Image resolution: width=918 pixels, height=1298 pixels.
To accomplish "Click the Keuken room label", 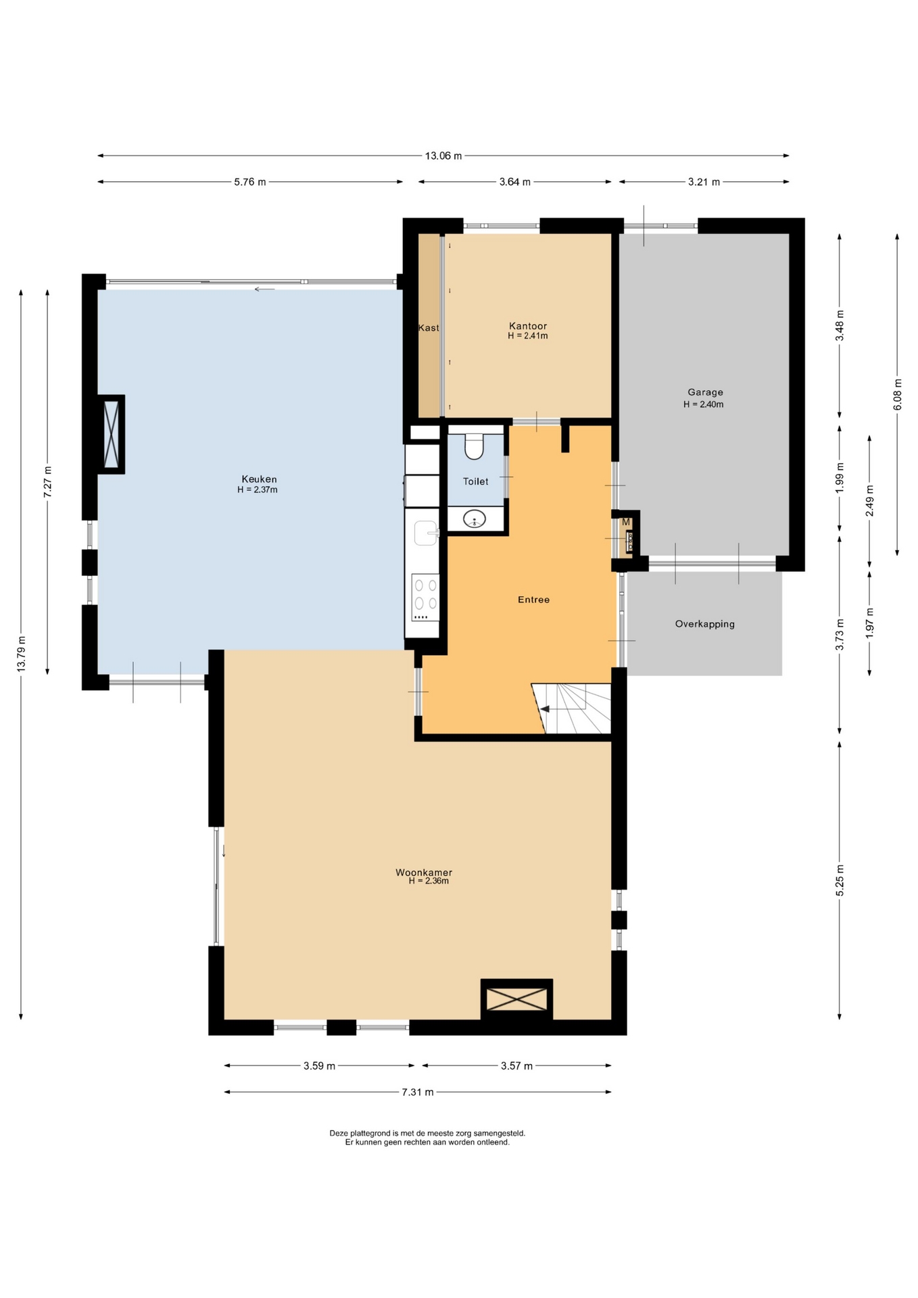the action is click(259, 479).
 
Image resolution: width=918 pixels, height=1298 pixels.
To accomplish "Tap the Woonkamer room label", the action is click(424, 873).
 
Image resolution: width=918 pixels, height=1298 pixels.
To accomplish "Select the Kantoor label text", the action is click(528, 326).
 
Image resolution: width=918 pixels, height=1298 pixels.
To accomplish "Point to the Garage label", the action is click(705, 392).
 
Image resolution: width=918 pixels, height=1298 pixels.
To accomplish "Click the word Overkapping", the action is click(704, 624).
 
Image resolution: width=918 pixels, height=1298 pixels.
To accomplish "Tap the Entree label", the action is click(533, 600).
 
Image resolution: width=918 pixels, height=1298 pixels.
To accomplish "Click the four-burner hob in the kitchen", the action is click(425, 598).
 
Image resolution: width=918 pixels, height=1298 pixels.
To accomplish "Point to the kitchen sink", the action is click(427, 533).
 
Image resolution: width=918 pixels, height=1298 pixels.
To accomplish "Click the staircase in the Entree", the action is click(571, 708).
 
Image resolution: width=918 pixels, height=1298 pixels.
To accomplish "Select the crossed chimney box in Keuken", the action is click(112, 434).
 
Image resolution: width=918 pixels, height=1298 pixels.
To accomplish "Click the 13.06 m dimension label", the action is click(443, 156).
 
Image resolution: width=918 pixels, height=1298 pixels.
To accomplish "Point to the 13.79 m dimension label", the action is click(22, 654).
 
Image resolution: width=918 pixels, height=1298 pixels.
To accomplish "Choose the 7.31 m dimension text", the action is click(418, 1092).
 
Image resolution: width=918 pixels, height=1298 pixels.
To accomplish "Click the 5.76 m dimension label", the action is click(250, 182).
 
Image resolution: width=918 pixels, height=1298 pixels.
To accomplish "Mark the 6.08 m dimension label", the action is click(898, 394).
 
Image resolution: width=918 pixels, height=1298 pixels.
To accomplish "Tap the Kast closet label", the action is click(429, 328).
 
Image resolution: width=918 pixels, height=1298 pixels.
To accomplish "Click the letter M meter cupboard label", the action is click(626, 522).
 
